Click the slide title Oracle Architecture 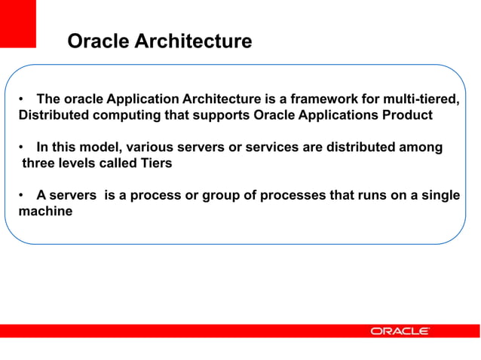click(x=159, y=41)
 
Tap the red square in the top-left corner click(x=17, y=23)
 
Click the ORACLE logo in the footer click(x=400, y=331)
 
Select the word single click(x=440, y=196)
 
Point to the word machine click(x=45, y=212)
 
